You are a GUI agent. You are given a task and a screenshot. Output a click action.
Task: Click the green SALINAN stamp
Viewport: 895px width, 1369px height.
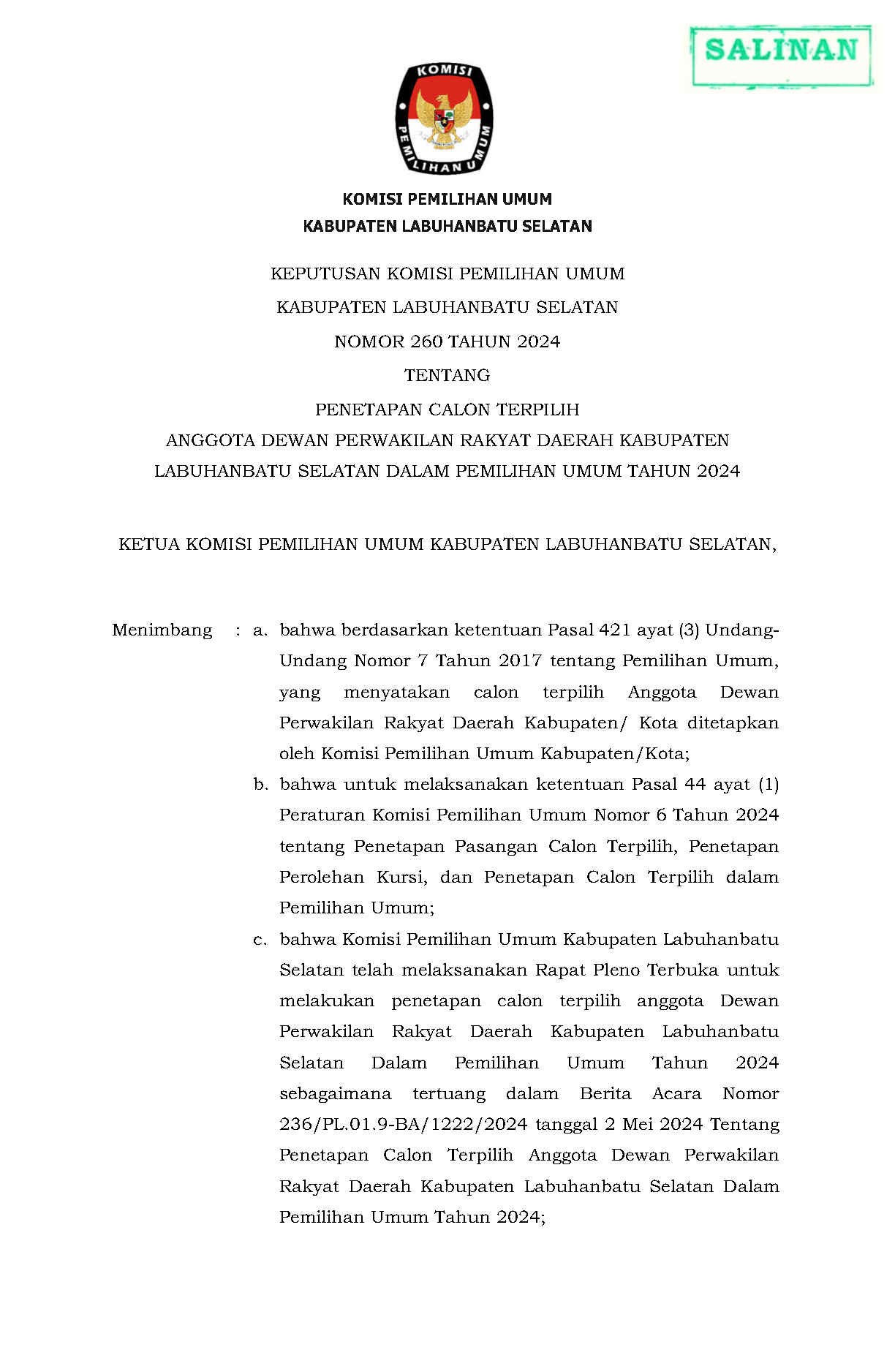(781, 50)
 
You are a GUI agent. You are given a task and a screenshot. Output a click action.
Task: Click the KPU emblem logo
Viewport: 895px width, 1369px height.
(444, 118)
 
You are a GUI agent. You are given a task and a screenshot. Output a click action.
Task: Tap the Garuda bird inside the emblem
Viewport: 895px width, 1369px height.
(443, 117)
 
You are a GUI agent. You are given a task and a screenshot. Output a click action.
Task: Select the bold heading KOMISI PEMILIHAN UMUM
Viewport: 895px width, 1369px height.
(447, 199)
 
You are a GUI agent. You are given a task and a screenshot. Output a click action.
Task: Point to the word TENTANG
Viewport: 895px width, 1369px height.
(447, 376)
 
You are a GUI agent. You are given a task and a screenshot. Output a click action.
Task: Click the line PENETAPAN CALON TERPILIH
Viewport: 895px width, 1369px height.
(447, 409)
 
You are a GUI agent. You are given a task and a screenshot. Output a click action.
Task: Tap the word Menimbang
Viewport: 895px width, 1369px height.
(162, 630)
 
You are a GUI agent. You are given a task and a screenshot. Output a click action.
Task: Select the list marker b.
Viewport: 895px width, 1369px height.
(260, 785)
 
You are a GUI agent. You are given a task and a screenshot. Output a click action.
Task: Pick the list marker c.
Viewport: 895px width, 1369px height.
(260, 940)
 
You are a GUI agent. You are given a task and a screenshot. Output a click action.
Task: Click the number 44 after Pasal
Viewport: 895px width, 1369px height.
(695, 785)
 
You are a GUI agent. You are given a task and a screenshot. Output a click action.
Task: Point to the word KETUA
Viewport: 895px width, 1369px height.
(148, 545)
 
